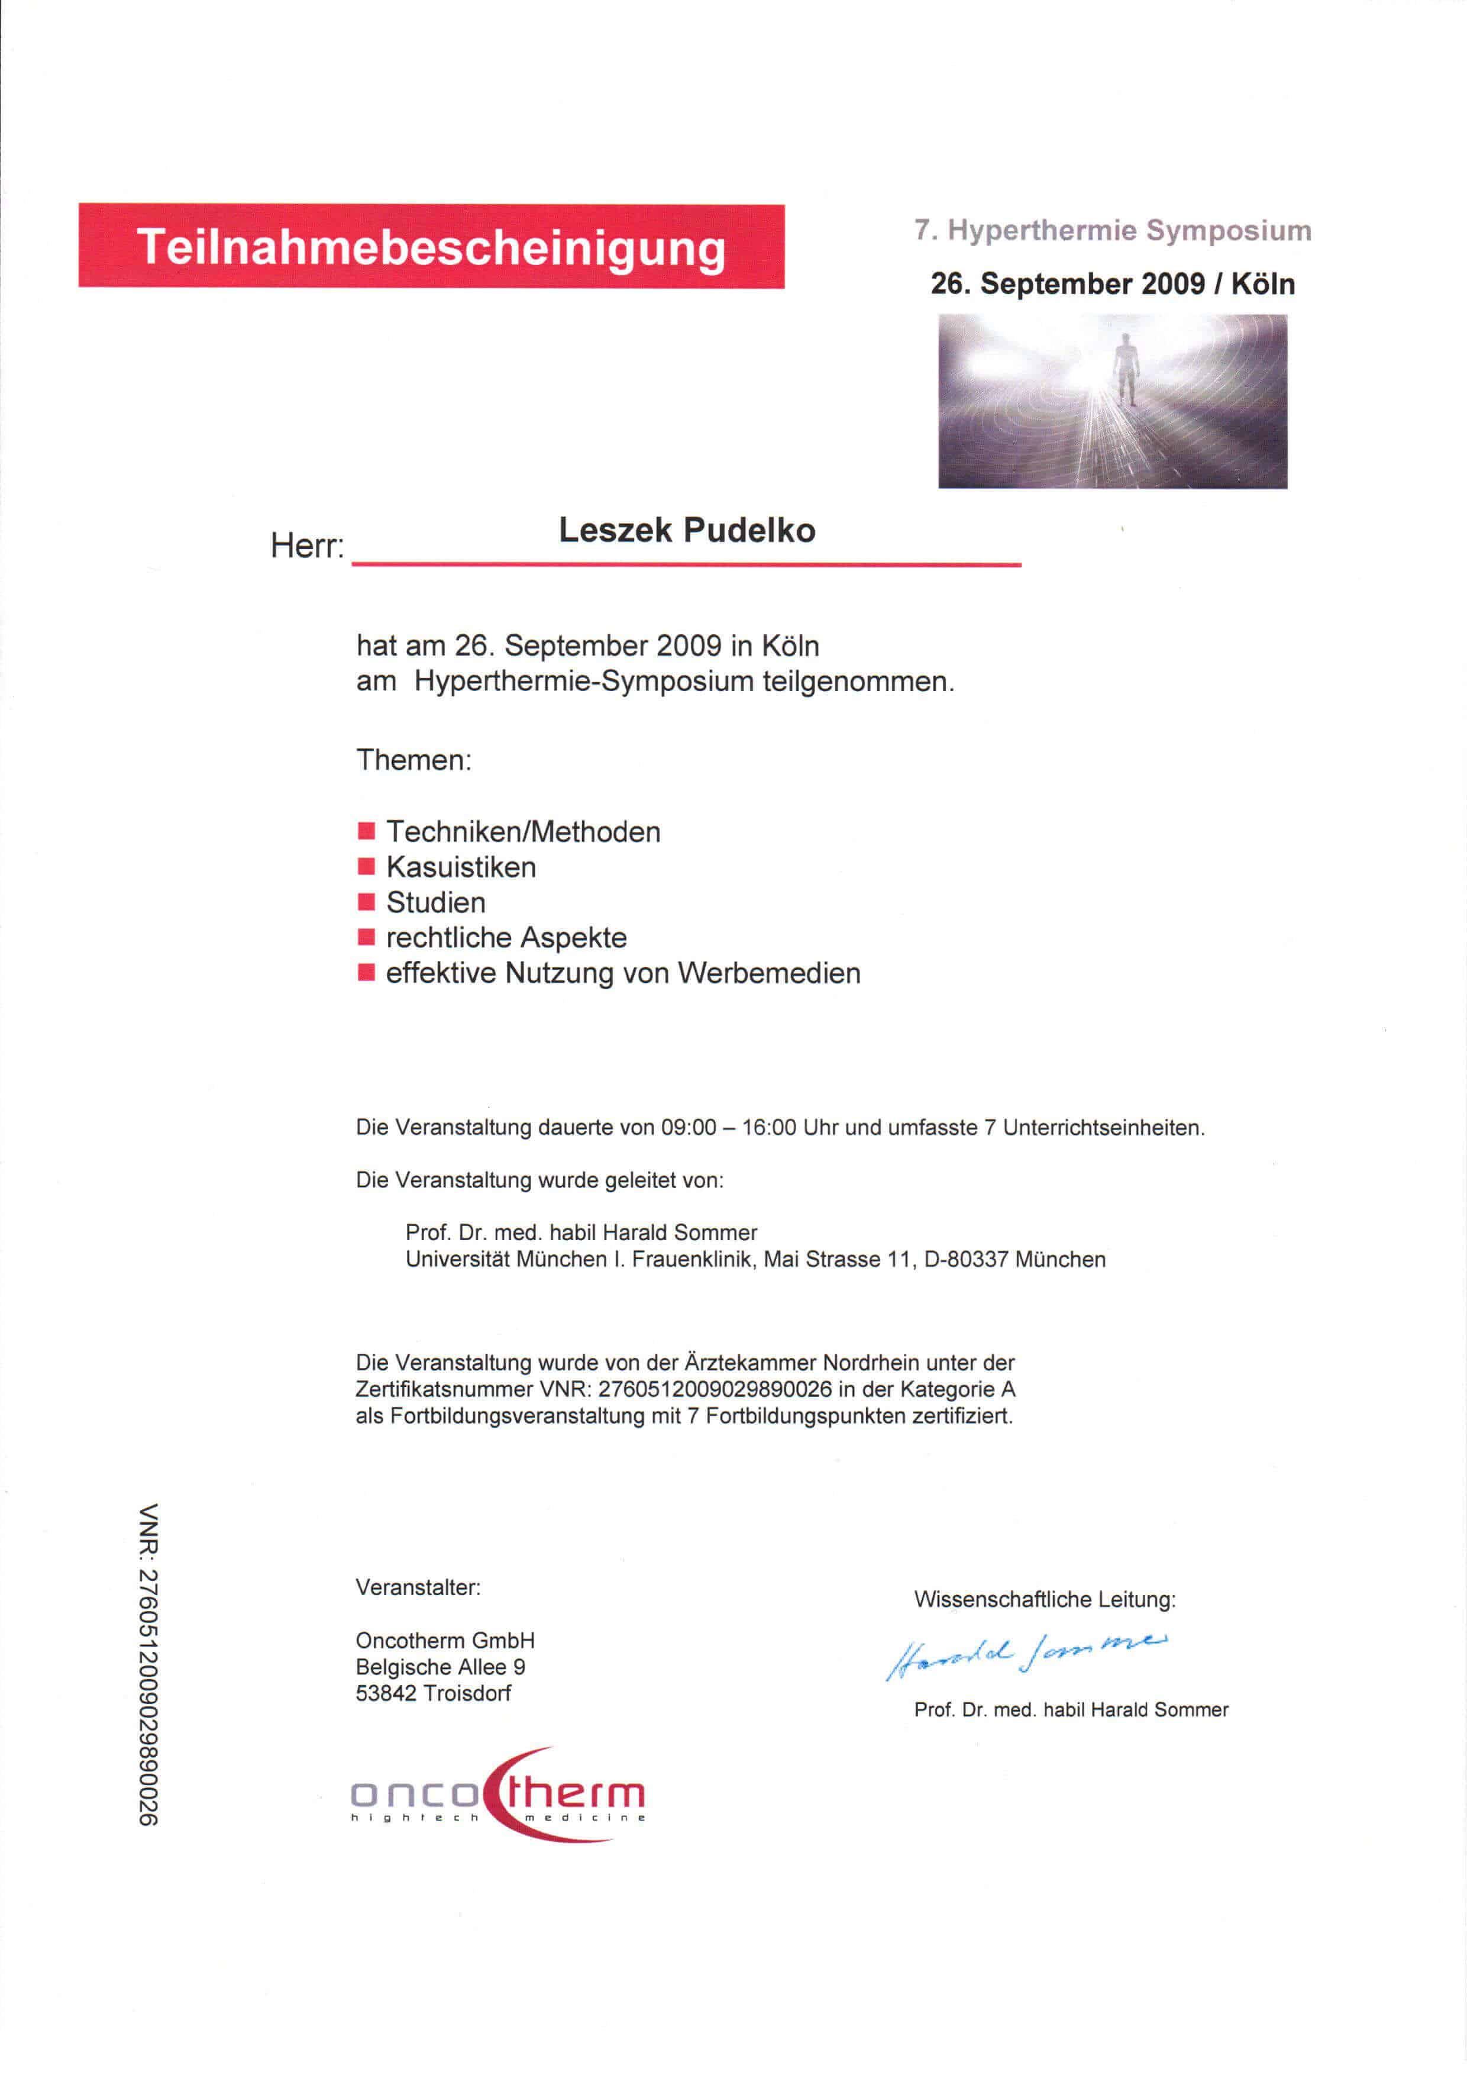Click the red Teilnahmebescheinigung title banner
point(431,246)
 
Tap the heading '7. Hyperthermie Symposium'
point(1112,230)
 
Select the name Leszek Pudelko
point(687,531)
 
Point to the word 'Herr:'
point(307,547)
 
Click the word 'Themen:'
point(413,760)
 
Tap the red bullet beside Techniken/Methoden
point(366,831)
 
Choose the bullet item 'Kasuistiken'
point(461,867)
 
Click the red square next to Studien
point(366,902)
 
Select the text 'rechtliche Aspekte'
point(506,938)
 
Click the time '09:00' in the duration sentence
point(689,1128)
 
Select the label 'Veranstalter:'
point(418,1587)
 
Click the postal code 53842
point(386,1693)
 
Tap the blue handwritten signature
point(1025,1654)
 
